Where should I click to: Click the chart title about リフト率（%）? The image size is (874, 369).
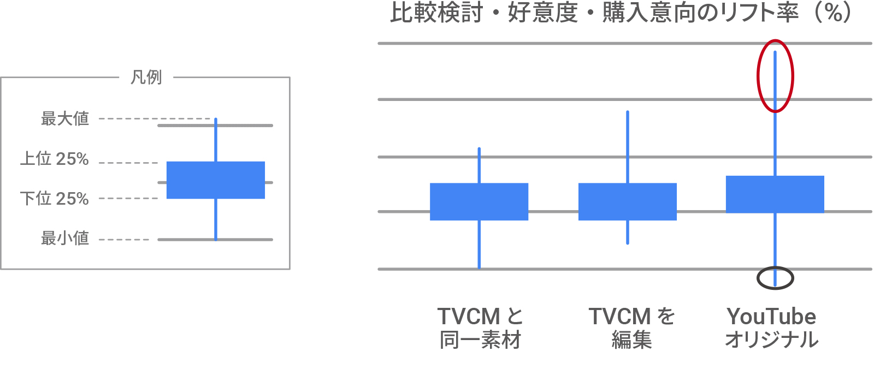(x=621, y=13)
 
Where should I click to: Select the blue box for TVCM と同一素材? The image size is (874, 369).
(x=479, y=201)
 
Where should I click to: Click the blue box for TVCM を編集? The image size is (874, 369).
(x=627, y=201)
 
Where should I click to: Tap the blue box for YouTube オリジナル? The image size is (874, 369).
(x=775, y=194)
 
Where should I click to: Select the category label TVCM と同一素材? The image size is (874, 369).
(x=480, y=328)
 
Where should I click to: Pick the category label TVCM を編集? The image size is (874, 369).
(x=631, y=328)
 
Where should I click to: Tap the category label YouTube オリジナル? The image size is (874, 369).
(x=771, y=328)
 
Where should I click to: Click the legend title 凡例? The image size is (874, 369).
(x=146, y=78)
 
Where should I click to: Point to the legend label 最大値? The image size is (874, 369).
(x=65, y=118)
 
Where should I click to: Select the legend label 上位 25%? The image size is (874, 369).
(x=55, y=159)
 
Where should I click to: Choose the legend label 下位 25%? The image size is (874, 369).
(x=55, y=198)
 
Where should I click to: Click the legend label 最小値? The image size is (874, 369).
(x=65, y=238)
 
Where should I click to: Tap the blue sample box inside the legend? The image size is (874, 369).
(x=215, y=180)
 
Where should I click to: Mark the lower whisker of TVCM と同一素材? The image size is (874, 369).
(x=479, y=245)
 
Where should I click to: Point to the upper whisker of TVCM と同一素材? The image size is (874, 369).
(x=479, y=165)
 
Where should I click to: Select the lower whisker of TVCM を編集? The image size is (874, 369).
(x=628, y=232)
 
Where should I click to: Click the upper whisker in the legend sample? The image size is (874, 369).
(x=216, y=140)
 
